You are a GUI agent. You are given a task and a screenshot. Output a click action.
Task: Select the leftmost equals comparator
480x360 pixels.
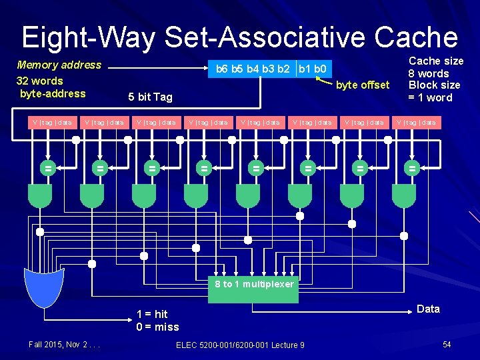click(48, 169)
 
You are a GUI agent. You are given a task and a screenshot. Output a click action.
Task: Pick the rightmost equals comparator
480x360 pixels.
click(411, 169)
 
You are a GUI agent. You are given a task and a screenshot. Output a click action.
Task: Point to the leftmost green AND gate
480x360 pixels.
click(40, 195)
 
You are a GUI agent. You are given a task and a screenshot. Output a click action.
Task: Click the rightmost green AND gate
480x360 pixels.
click(404, 195)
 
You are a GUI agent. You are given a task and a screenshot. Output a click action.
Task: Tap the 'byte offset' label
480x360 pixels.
click(362, 85)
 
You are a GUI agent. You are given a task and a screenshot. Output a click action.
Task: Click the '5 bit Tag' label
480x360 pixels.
click(150, 97)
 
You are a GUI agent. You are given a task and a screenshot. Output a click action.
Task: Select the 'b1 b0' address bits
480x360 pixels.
click(311, 69)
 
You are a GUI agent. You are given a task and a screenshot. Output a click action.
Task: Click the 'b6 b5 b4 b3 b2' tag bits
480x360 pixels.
click(253, 69)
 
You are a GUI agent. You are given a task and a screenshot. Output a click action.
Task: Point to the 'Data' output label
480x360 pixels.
click(428, 309)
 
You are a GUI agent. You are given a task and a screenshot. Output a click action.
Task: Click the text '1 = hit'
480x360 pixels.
click(152, 314)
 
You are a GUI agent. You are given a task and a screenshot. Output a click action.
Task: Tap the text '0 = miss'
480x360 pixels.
click(157, 327)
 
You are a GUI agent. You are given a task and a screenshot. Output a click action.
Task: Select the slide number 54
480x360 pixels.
click(447, 344)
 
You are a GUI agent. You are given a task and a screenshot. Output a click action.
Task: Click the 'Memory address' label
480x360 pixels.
click(59, 65)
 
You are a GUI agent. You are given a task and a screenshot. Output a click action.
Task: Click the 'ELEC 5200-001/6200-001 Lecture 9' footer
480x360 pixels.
click(240, 345)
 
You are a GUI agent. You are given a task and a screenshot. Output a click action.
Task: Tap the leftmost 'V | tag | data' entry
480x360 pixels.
click(51, 122)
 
